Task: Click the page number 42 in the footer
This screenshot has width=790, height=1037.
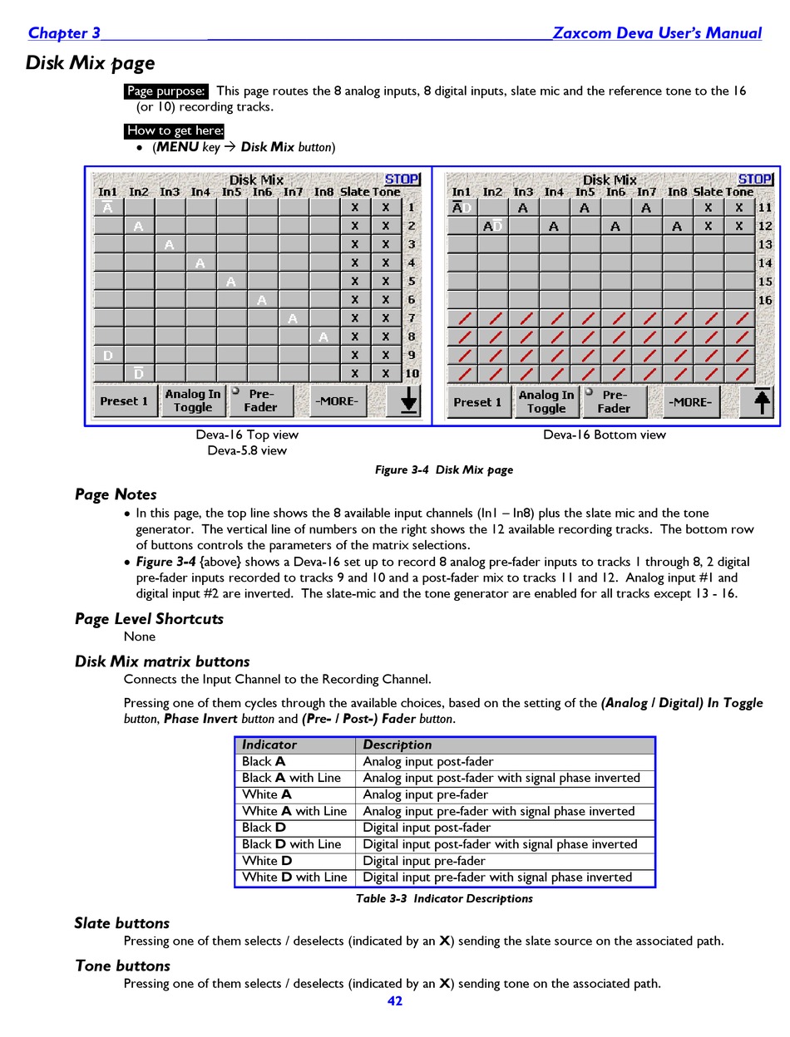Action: click(395, 1001)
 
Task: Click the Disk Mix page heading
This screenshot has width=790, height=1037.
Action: click(90, 63)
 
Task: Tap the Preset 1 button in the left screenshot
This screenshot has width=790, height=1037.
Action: click(125, 401)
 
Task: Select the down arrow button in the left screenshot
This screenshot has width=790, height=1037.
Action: click(407, 401)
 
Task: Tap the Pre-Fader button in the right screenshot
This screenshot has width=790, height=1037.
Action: click(614, 402)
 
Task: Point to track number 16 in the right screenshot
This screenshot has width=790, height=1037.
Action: click(764, 300)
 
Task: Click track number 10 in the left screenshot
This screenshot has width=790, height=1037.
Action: click(412, 374)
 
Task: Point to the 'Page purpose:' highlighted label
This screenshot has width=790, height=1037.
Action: click(166, 91)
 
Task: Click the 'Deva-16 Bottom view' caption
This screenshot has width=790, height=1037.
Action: click(605, 435)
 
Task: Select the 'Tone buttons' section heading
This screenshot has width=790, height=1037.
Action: click(122, 966)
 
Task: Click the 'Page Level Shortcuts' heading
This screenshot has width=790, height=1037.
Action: click(149, 619)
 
